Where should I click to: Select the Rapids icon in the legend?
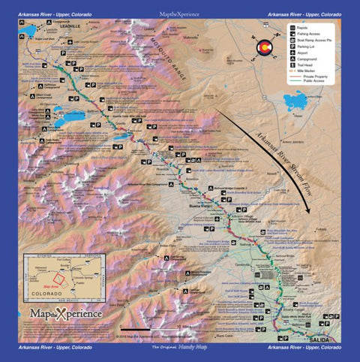pyautogui.click(x=289, y=29)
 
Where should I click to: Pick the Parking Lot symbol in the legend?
pyautogui.click(x=289, y=55)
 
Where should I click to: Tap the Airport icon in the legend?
pyautogui.click(x=289, y=64)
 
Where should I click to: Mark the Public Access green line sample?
pyautogui.click(x=294, y=103)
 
